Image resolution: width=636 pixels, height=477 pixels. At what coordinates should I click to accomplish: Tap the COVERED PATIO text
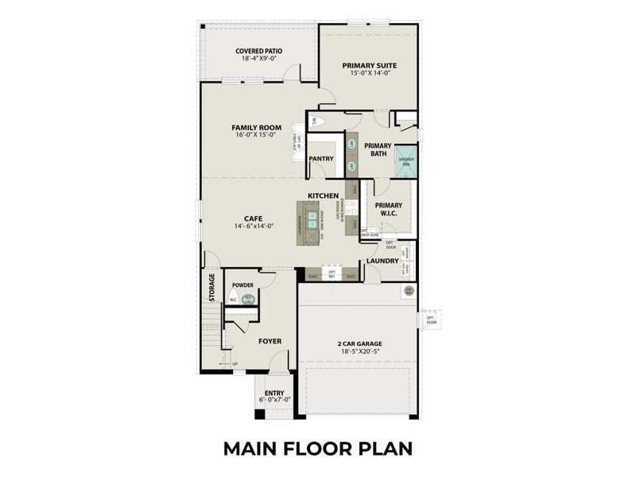click(x=258, y=51)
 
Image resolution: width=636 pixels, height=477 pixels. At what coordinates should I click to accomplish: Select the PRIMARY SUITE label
click(x=369, y=65)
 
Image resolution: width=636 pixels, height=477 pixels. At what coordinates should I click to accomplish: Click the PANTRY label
click(x=321, y=158)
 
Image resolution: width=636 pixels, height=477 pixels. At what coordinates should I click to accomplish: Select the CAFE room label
click(x=254, y=217)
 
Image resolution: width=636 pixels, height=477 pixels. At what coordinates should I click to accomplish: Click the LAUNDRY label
click(x=382, y=261)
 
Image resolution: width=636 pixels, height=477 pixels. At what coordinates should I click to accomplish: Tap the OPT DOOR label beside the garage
click(x=431, y=320)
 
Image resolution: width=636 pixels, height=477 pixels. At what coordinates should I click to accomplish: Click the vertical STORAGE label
click(x=211, y=288)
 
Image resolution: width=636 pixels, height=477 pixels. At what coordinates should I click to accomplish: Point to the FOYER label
click(x=270, y=341)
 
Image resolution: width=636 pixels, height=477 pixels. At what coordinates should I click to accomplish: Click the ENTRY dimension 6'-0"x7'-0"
click(x=273, y=400)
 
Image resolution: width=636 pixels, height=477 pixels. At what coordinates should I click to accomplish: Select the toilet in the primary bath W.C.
click(x=314, y=122)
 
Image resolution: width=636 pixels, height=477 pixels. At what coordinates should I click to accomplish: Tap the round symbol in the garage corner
click(x=409, y=291)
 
